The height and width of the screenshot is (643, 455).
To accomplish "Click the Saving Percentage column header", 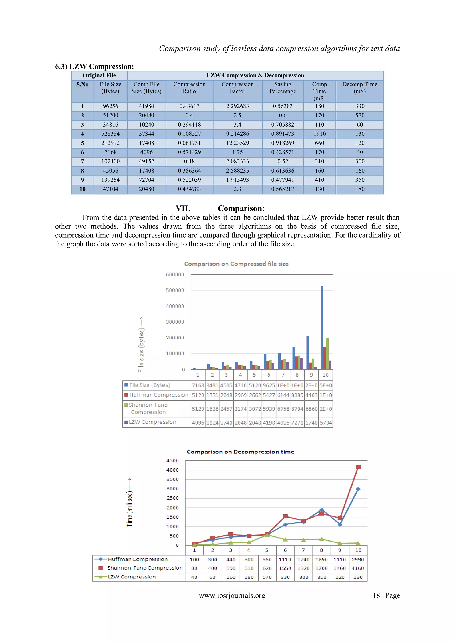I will pos(282,88).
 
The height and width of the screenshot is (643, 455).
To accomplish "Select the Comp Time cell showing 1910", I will pos(319,134).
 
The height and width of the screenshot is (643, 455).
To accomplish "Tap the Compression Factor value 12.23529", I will pos(237,143).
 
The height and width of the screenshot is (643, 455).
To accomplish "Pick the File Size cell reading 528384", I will pos(110,134).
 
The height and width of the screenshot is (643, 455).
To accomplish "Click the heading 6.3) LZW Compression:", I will pos(94,67).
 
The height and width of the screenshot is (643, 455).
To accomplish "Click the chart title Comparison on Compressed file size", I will pos(236,264).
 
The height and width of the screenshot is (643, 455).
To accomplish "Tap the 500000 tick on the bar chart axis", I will pos(175,290).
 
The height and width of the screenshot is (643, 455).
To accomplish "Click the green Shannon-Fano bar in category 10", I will pos(327,353).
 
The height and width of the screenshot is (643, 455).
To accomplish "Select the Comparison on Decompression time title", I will pos(240,452).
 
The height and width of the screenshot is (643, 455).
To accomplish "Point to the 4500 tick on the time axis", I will pos(172,461).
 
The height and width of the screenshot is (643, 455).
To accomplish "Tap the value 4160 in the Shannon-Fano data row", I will pos(358,568).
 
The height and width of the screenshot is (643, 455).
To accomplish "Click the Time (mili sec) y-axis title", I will pos(130,503).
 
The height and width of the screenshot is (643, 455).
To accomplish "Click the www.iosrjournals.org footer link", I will pos(232,595).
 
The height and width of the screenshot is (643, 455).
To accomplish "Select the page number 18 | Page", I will pos(386,595).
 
